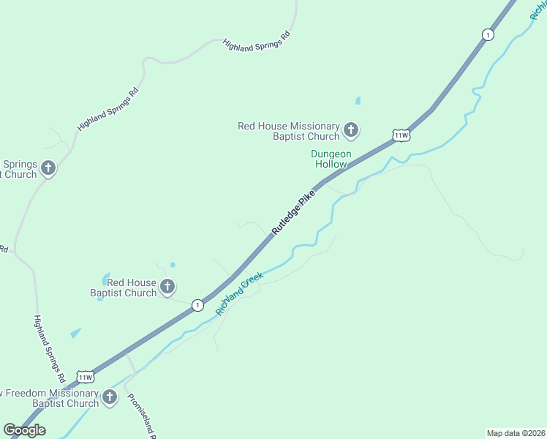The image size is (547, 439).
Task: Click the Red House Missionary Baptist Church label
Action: tap(289, 131)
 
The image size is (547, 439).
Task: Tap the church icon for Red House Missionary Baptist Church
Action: tap(351, 131)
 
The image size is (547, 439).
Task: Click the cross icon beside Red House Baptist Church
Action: tap(167, 287)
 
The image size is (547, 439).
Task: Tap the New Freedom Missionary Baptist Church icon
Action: tap(110, 398)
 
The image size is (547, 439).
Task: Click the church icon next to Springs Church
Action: tap(48, 169)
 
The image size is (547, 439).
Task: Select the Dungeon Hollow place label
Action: tap(331, 159)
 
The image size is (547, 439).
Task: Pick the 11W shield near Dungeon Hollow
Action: tap(401, 135)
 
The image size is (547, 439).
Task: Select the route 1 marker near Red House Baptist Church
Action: tap(197, 305)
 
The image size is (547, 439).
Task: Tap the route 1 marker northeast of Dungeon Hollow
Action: tap(488, 34)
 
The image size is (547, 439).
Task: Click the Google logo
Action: tap(24, 429)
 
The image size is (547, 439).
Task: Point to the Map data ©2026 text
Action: tap(516, 433)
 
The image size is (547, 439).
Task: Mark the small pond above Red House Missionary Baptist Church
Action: tap(358, 101)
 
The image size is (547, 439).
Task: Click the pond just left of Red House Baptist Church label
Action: tap(106, 279)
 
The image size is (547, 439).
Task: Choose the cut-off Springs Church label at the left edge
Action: tap(18, 169)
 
